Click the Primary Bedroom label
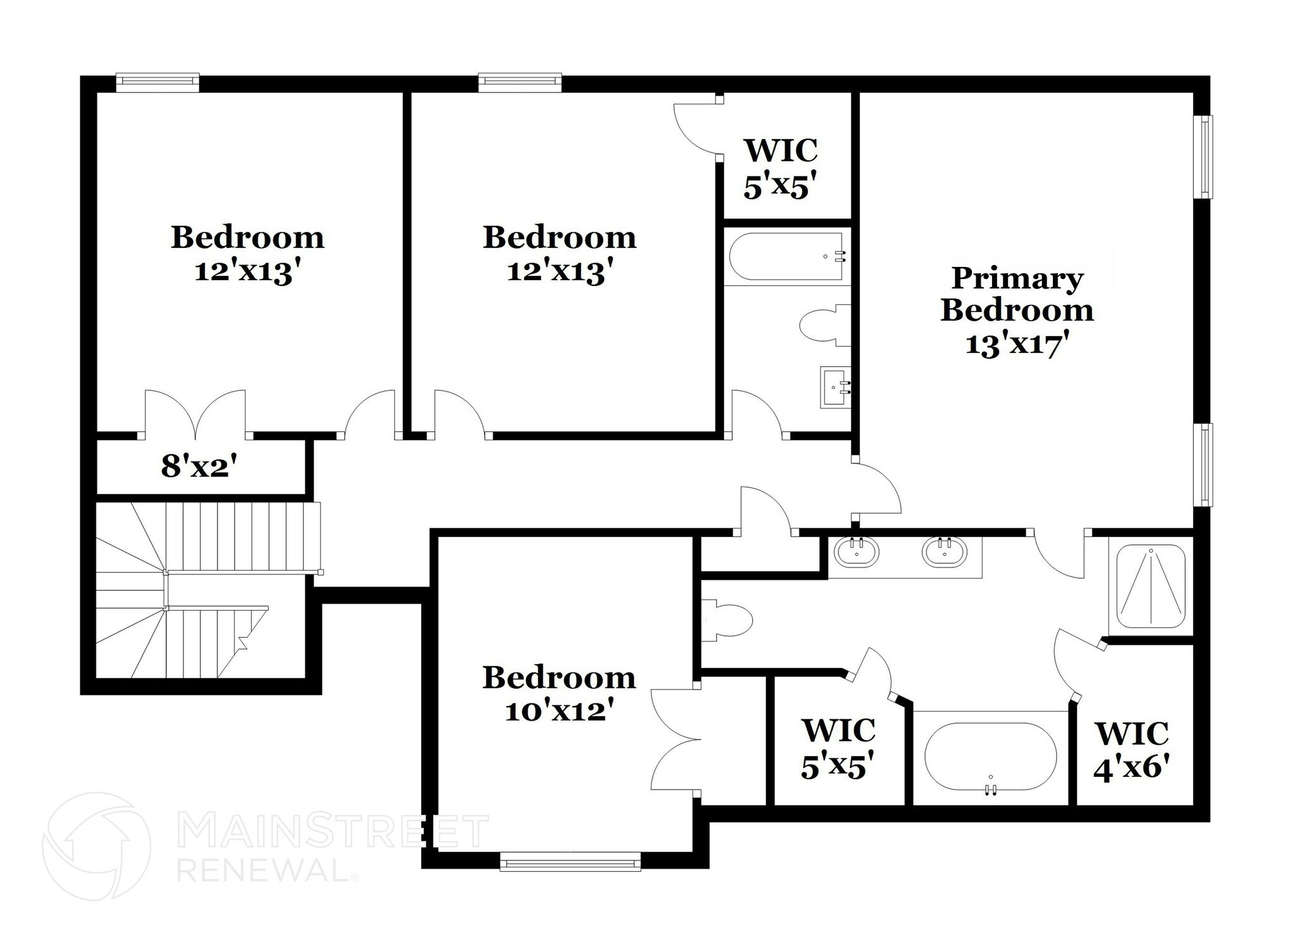click(x=1017, y=294)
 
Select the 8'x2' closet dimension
click(x=199, y=467)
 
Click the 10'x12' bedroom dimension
click(x=559, y=711)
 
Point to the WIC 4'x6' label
click(x=1132, y=752)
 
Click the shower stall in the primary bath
click(x=1150, y=586)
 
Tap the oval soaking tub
click(x=990, y=757)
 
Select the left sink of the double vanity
click(x=856, y=552)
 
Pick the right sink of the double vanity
click(x=944, y=552)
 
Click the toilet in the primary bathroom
click(x=727, y=620)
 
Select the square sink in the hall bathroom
click(x=835, y=387)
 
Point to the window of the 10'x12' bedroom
click(x=570, y=862)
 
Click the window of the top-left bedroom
click(x=157, y=81)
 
